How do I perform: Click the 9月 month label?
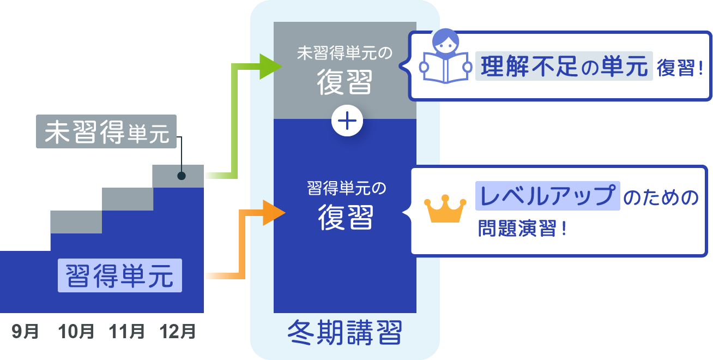pos(25,331)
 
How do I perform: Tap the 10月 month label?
pos(76,331)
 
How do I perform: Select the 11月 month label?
pos(126,331)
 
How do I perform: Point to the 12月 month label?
pos(177,331)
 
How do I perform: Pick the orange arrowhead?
pos(272,213)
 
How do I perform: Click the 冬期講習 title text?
pos(345,332)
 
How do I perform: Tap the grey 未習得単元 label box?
pos(107,131)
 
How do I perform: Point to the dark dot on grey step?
pos(181,176)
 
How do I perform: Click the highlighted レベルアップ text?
pos(547,195)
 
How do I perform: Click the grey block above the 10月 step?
pos(76,222)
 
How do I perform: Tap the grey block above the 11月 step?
pos(128,199)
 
